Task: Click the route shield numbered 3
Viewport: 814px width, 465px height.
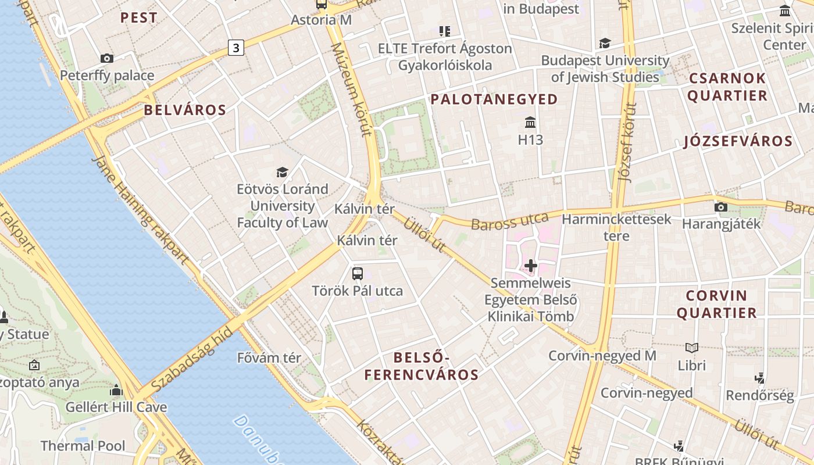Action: [235, 48]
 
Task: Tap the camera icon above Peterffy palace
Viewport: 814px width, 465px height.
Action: [107, 58]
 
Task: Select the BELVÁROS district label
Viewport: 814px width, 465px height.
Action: [185, 110]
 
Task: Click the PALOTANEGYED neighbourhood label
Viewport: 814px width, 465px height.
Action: [494, 99]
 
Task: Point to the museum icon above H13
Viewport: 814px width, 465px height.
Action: [530, 122]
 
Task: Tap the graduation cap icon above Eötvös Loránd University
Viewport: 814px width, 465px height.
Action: [282, 172]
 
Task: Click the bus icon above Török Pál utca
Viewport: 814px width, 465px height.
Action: [358, 273]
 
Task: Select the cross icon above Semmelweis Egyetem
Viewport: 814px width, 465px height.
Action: [530, 266]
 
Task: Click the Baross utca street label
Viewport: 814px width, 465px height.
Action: [510, 221]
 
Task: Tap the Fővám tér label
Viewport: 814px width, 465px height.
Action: [269, 357]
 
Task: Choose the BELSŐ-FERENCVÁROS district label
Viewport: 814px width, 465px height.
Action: [422, 366]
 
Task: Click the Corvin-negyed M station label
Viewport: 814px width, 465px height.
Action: [602, 355]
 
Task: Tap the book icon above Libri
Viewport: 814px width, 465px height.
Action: [691, 348]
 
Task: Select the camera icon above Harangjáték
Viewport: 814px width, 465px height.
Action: [721, 207]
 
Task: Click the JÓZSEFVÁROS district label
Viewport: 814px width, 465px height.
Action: [738, 141]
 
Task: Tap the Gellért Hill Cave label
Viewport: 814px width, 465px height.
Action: [116, 407]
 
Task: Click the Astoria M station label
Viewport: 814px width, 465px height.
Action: [321, 20]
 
